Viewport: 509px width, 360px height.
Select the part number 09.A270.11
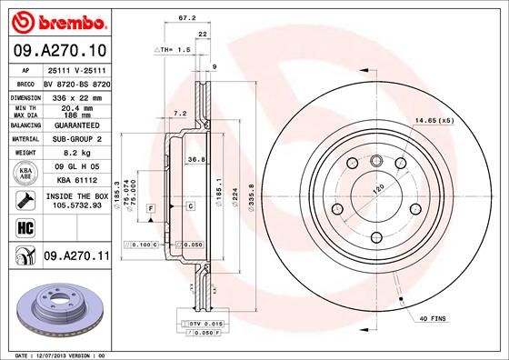[x=76, y=258]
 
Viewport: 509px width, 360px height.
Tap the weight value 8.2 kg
[x=75, y=154]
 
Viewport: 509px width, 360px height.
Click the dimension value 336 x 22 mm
[x=75, y=95]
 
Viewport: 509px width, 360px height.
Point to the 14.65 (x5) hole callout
[x=434, y=121]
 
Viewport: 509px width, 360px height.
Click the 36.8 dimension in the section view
[x=194, y=159]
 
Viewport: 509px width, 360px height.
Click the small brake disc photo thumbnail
[x=56, y=310]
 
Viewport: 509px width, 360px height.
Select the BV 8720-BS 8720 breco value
[x=75, y=82]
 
